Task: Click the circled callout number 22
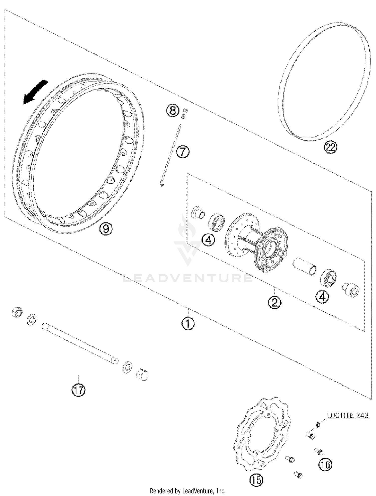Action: [330, 148]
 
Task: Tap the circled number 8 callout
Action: [173, 110]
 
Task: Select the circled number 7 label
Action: [183, 152]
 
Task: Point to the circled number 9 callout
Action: [106, 228]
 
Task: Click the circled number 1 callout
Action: [188, 324]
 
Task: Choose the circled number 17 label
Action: [78, 390]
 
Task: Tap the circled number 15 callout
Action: [256, 480]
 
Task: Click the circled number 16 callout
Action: [325, 464]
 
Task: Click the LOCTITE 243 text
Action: [348, 416]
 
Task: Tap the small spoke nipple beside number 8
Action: [185, 114]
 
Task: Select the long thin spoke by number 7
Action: [171, 155]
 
